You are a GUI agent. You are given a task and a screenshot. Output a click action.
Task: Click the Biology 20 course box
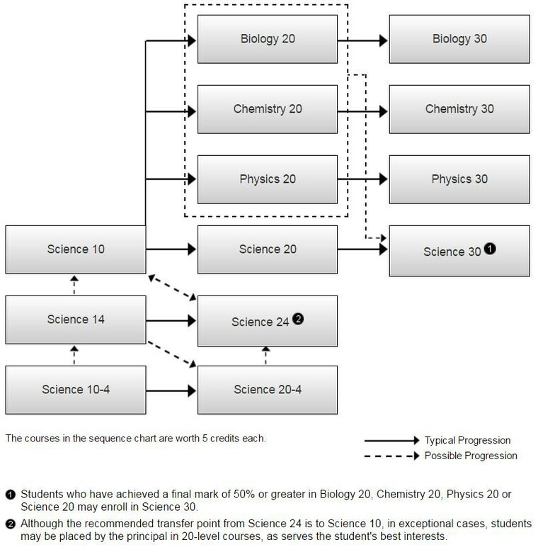[268, 39]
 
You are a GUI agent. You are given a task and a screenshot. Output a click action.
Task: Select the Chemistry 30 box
[459, 109]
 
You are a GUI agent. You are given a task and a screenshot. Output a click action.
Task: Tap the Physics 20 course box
[268, 179]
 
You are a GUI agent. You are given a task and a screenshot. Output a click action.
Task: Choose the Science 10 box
[76, 249]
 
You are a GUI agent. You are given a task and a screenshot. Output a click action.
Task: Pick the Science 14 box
[76, 320]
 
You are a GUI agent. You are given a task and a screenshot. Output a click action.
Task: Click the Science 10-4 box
[76, 390]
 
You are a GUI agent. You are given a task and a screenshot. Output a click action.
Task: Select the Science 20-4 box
[268, 390]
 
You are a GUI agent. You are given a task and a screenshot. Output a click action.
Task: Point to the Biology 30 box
[459, 39]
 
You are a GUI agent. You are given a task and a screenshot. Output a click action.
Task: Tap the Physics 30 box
[459, 179]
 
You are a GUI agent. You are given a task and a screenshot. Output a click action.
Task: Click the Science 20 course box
[268, 249]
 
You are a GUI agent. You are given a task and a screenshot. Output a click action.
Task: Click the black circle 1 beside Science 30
[490, 249]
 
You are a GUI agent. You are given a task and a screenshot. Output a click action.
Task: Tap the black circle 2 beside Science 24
[298, 319]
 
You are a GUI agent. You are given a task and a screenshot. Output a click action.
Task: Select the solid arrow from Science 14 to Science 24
[171, 321]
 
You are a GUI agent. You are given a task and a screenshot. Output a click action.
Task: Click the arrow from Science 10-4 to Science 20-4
[171, 390]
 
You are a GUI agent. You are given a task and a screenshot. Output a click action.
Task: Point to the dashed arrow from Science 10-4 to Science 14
[74, 355]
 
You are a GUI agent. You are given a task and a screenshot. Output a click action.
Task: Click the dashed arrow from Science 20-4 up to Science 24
[266, 356]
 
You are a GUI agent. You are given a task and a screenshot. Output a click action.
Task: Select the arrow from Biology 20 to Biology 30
[362, 41]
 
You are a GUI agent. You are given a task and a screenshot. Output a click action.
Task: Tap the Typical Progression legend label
[467, 441]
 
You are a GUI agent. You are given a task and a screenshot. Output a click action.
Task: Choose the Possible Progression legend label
[471, 456]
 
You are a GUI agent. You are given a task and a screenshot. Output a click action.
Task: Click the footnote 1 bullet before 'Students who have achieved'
[11, 495]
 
